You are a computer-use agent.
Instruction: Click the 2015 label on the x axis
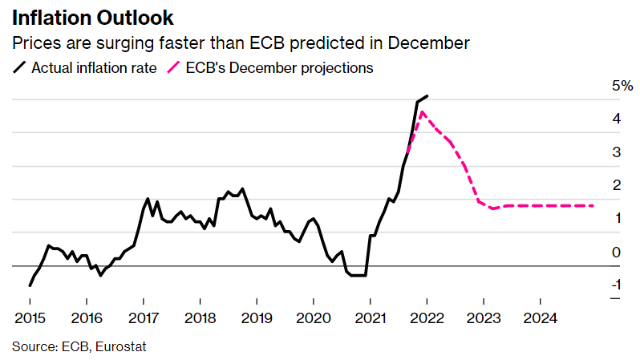point(30,318)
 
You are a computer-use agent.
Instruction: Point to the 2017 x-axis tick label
point(143,318)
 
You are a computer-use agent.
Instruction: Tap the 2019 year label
point(256,318)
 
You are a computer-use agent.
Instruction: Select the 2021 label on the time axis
point(369,318)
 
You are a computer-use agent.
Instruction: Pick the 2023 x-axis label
point(483,318)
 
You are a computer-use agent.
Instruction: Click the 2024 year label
point(540,318)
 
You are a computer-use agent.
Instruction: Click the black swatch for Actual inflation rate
point(20,68)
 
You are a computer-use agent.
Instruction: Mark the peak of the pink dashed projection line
point(423,112)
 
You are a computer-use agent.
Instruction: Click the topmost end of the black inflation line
point(427,96)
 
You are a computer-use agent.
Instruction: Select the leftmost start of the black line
point(30,285)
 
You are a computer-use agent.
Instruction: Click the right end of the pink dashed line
point(594,206)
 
